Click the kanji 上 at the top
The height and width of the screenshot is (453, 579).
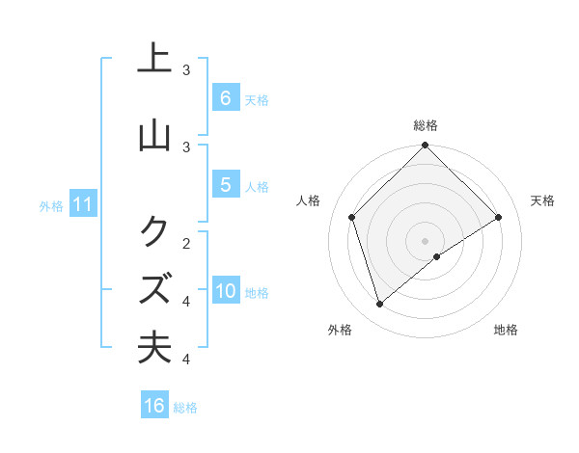click(154, 60)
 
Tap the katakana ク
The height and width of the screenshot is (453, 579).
click(154, 230)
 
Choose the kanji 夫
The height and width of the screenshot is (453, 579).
click(154, 347)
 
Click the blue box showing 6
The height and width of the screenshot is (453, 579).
click(225, 97)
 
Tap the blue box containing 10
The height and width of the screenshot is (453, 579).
click(226, 291)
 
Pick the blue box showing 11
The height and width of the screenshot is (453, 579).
click(83, 204)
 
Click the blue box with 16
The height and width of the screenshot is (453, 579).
click(154, 406)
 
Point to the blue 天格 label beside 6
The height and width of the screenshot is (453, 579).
click(257, 100)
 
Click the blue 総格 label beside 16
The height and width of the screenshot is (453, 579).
click(185, 408)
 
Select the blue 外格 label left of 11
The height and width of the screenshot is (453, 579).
click(50, 206)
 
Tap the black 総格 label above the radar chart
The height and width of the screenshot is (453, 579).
click(426, 125)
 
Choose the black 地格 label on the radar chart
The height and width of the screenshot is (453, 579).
click(506, 330)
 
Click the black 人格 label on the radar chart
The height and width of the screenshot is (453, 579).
click(309, 200)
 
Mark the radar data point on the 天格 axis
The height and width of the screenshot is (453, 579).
click(499, 217)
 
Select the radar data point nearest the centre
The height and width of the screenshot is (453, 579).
click(437, 256)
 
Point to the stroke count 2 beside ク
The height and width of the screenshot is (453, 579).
click(186, 242)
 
